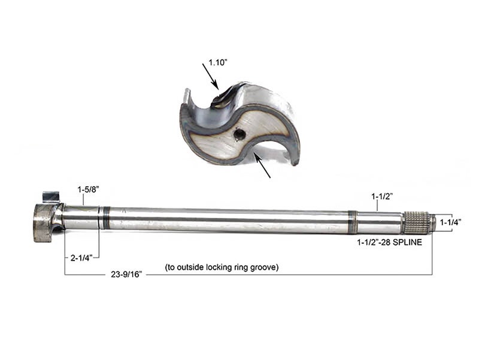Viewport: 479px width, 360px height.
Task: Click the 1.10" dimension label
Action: [219, 62]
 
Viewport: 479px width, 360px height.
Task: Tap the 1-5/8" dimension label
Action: [88, 189]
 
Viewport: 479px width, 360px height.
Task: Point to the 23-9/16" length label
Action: [126, 277]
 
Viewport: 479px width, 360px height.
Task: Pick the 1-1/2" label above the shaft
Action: [381, 195]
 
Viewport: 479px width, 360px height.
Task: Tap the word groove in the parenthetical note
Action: [261, 267]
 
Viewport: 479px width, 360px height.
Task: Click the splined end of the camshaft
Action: [417, 223]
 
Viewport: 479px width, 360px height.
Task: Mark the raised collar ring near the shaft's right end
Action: [353, 221]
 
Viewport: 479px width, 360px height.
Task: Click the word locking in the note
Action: [214, 267]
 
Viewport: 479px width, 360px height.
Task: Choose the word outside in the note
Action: [186, 267]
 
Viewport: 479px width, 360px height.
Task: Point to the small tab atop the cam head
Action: [51, 196]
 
